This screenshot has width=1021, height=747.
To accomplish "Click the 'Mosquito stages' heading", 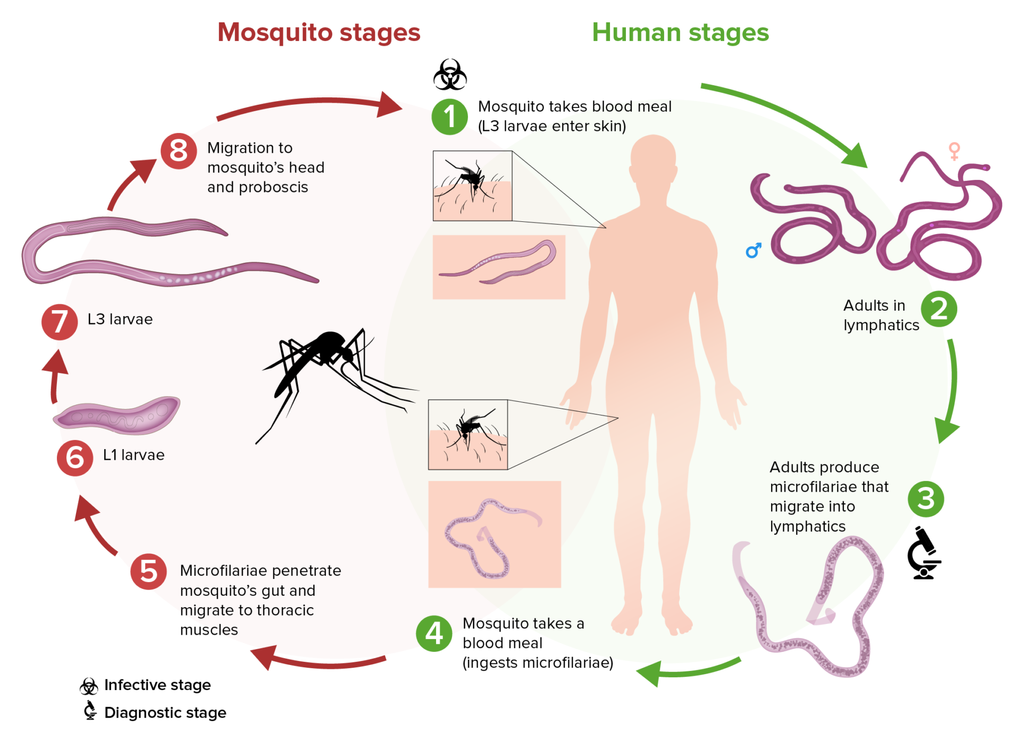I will click(x=319, y=32).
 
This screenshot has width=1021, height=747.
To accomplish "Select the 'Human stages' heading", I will click(x=680, y=32).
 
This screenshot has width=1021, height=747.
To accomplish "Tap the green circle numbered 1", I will click(x=449, y=117).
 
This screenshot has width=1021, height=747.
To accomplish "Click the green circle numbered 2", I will click(x=939, y=309).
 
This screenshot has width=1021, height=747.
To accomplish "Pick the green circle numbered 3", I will click(x=926, y=499).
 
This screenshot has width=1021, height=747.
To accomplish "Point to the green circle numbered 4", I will click(x=434, y=633).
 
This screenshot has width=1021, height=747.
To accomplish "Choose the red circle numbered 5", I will click(x=148, y=572).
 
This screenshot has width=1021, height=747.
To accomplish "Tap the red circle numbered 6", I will click(x=75, y=458).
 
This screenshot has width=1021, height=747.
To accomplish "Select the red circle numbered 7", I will click(x=60, y=321).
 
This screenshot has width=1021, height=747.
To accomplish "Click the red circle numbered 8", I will click(x=179, y=151).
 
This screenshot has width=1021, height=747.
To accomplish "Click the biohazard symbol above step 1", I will click(x=450, y=74).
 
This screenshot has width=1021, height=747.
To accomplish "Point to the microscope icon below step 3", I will click(x=924, y=553).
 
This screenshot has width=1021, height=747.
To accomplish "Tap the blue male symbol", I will click(x=754, y=250).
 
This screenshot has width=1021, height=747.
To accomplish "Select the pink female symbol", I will click(x=955, y=151).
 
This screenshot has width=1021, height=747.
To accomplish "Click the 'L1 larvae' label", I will click(x=133, y=455).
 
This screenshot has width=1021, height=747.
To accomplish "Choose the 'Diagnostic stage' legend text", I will click(x=165, y=712).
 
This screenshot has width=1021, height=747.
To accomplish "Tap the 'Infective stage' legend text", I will click(x=157, y=685).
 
